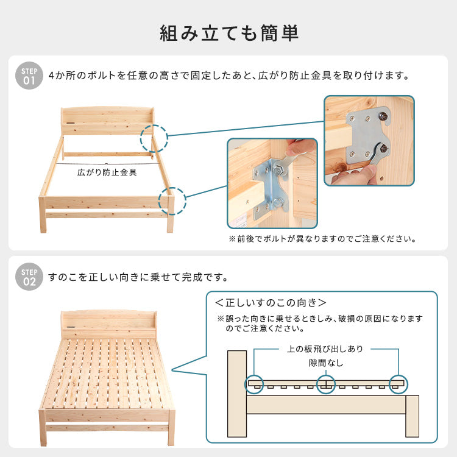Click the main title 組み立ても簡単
(x=228, y=32)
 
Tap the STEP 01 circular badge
(x=29, y=76)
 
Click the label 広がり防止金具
(x=107, y=172)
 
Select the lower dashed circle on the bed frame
(x=171, y=201)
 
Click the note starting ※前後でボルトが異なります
(x=322, y=239)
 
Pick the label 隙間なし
(x=325, y=363)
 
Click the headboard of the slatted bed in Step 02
(x=107, y=322)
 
